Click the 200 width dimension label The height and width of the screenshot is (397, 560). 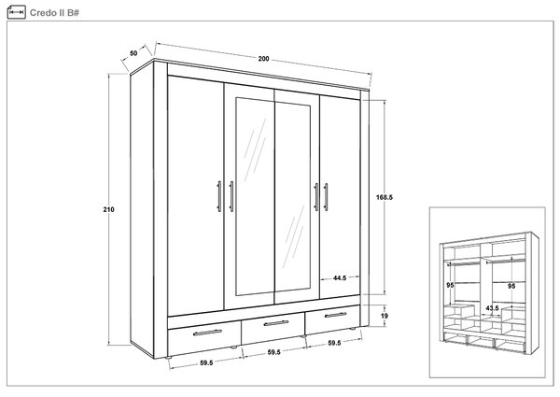point(263,59)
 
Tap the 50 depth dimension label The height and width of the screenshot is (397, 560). point(133,53)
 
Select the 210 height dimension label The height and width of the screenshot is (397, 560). point(108,210)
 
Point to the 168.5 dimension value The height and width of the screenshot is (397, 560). point(385,197)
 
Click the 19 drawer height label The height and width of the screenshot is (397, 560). point(385,316)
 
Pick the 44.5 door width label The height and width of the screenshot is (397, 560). point(340,277)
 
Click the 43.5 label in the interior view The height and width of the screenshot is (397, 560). point(492,308)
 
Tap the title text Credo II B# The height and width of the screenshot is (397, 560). point(54,13)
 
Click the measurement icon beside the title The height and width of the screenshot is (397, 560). point(17,12)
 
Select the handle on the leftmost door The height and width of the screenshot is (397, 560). point(219,196)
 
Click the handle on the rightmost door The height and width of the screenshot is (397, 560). point(326,197)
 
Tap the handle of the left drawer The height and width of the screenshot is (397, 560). point(207,333)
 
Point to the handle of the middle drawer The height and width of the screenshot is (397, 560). point(275,323)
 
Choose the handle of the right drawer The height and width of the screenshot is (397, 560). point(335,315)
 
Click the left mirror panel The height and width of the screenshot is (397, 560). point(255,197)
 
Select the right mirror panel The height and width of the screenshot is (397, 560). point(293,196)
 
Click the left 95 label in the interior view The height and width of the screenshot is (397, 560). point(450,285)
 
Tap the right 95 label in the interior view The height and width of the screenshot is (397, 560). point(511,286)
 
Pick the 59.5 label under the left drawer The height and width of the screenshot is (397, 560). point(206,362)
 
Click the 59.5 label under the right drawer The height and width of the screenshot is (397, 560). point(334,343)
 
